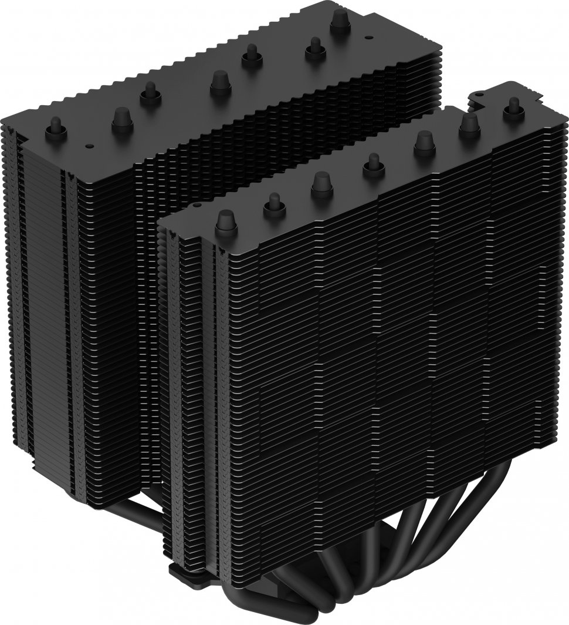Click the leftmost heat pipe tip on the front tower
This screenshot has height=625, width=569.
click(x=226, y=221)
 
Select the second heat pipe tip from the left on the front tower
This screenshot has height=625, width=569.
click(x=274, y=204)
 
